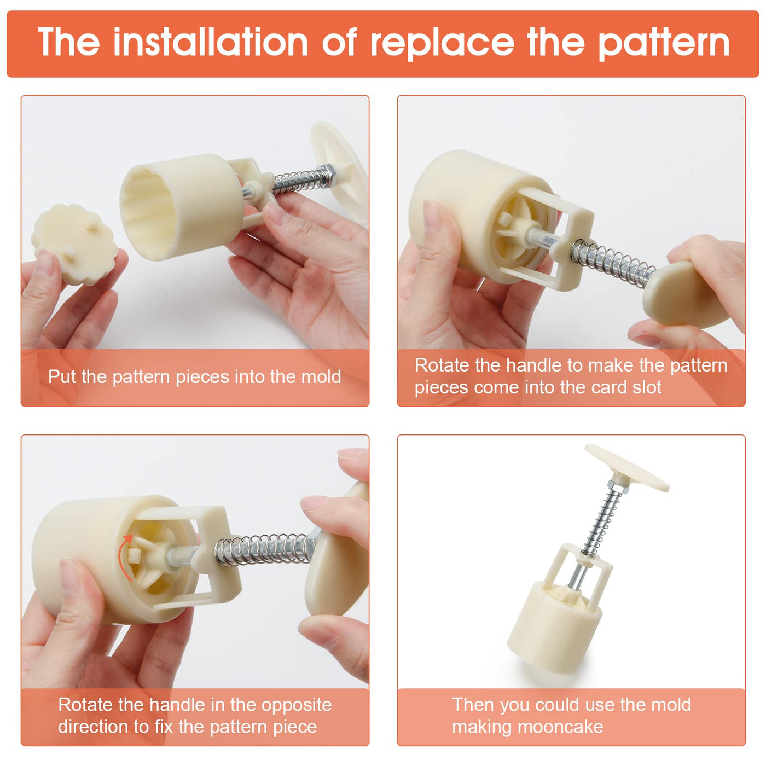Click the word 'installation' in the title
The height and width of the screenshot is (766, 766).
click(x=210, y=42)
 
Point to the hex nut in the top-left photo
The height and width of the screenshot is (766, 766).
click(x=327, y=175)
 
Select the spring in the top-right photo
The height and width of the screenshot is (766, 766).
click(x=612, y=261)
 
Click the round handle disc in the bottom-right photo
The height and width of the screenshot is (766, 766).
click(x=627, y=467)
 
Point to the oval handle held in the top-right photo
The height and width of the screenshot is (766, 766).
click(x=687, y=294)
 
